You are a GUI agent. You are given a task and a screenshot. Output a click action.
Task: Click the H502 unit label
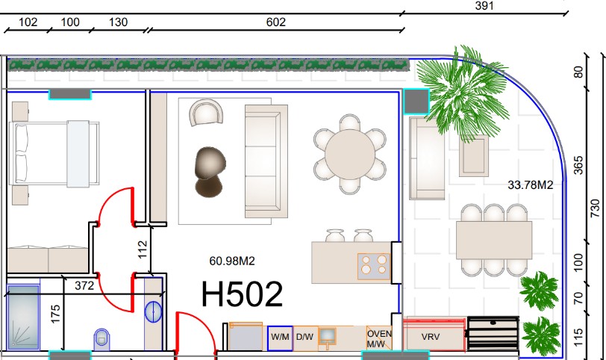click(x=242, y=295)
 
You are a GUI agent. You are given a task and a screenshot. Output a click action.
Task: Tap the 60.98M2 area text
click(x=232, y=261)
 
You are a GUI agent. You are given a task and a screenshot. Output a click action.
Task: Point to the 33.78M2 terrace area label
click(x=530, y=185)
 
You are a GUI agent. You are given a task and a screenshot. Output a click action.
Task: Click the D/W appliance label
click(x=304, y=337)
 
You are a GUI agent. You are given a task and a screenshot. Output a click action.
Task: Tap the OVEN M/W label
click(x=379, y=339)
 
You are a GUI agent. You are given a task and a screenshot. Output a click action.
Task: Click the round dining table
click(x=350, y=155)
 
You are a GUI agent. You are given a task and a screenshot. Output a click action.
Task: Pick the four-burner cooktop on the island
click(x=374, y=267)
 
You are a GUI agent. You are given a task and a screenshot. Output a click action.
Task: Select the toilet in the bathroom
click(x=101, y=339)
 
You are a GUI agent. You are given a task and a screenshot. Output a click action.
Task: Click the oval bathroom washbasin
click(x=154, y=311)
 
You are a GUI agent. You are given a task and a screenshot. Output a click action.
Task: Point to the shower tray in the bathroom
click(x=23, y=317)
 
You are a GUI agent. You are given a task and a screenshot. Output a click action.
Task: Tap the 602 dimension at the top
click(x=276, y=22)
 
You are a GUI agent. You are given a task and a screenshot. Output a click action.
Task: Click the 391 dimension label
click(x=484, y=6)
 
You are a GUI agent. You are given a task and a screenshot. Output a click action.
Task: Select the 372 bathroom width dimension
click(x=84, y=285)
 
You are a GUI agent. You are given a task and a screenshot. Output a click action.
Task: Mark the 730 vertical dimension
click(x=596, y=208)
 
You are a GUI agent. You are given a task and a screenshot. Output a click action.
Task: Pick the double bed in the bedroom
click(x=54, y=154)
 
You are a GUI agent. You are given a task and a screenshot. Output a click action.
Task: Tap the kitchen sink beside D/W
click(x=327, y=337)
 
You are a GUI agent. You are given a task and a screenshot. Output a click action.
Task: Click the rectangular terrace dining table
click(x=494, y=240)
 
